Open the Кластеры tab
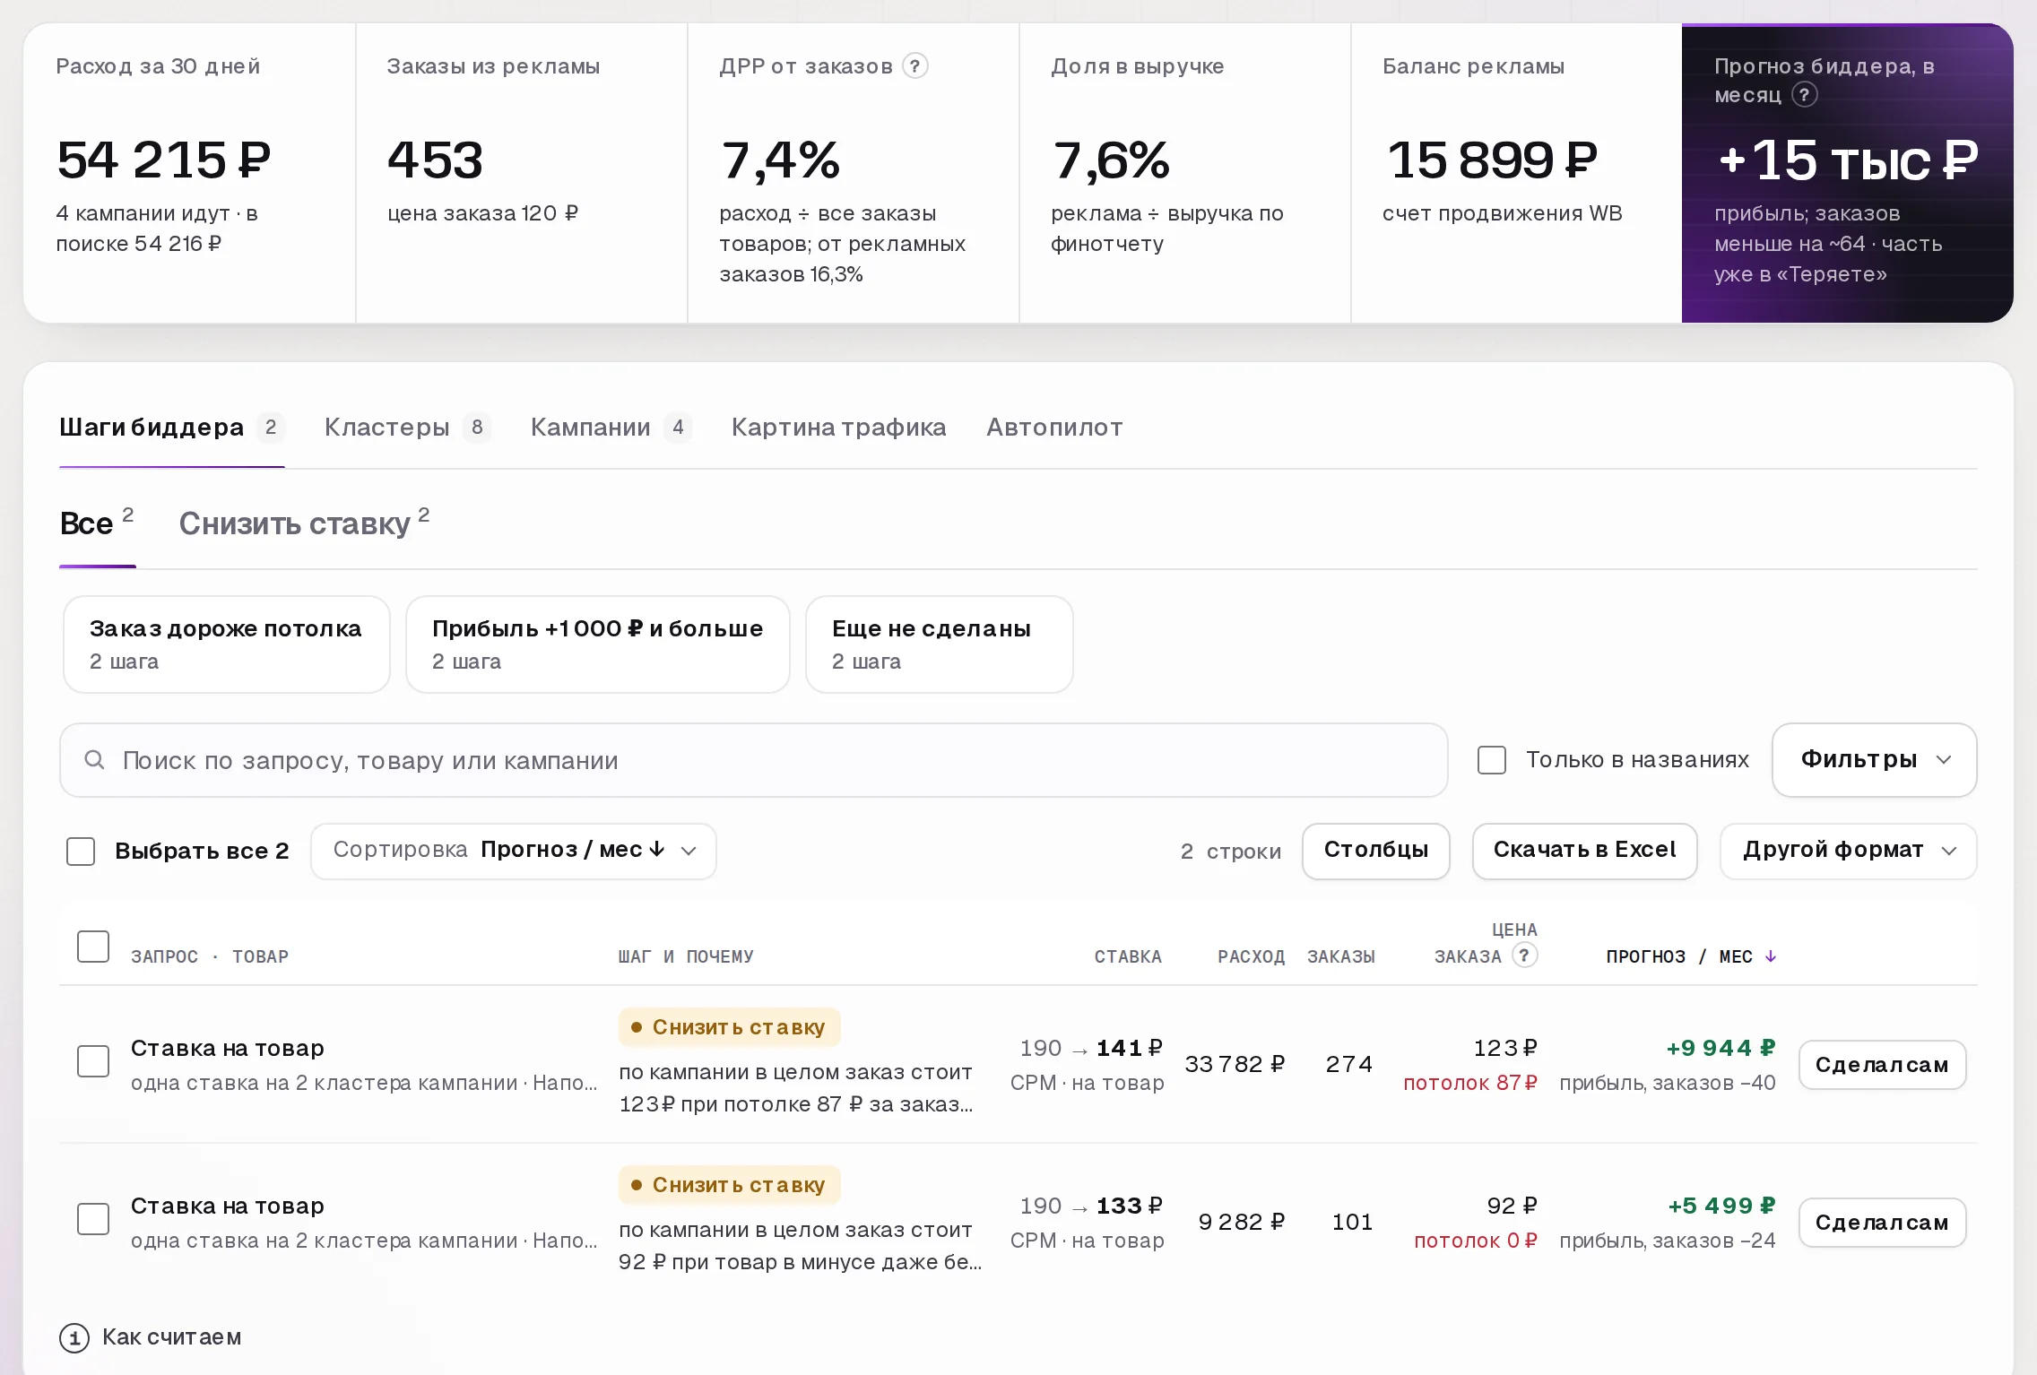point(407,428)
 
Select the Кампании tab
point(610,428)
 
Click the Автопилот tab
point(1054,428)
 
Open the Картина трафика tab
point(838,428)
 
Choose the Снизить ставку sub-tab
point(304,523)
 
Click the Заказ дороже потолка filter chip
point(227,644)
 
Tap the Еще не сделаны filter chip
point(940,644)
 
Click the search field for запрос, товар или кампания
point(754,760)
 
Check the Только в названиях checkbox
point(1492,760)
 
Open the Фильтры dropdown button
point(1875,760)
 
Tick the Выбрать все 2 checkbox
point(81,851)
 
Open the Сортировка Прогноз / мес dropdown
point(514,851)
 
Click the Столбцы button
point(1376,851)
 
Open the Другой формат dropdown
point(1849,851)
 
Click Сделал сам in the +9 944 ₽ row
point(1883,1065)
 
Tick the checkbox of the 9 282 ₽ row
point(93,1219)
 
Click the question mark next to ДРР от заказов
point(915,66)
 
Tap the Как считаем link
point(151,1337)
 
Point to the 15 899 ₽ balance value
point(1493,160)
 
